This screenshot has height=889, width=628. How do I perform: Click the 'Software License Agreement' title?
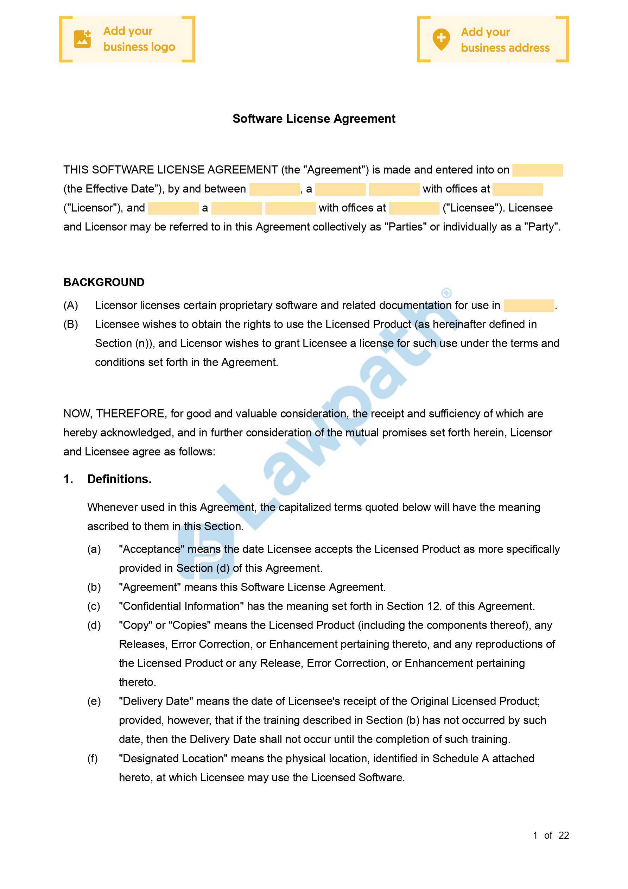coord(313,119)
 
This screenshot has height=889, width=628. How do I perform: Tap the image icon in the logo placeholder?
coord(82,39)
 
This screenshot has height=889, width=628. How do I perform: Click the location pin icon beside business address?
coord(441,39)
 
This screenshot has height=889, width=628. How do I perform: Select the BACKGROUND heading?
coord(104,282)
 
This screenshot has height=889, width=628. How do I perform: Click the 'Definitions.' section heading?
coord(119,479)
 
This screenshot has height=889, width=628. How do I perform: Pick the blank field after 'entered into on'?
coord(537,170)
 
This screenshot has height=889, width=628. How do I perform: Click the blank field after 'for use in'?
coord(528,306)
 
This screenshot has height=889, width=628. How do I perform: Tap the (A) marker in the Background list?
coord(70,305)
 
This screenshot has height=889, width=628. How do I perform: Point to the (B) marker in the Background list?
coord(70,324)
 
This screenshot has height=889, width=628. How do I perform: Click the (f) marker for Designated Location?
coord(93,758)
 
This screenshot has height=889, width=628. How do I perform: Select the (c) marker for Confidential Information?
coord(94,606)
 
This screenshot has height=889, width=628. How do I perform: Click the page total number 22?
coord(564,835)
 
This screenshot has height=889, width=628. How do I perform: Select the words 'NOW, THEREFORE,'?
coord(115,414)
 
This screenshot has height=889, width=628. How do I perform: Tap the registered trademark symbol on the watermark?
coord(446,293)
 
